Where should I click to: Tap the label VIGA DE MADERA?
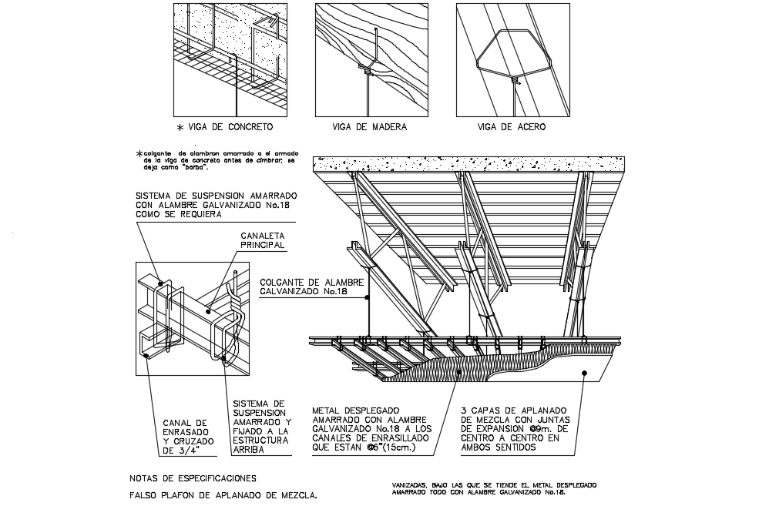(369, 127)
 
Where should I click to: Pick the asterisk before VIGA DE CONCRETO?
(180, 127)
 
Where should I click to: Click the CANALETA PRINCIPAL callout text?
(263, 240)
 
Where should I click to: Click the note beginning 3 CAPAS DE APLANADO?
(513, 429)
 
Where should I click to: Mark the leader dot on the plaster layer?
(585, 374)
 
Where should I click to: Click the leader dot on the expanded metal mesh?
(459, 372)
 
